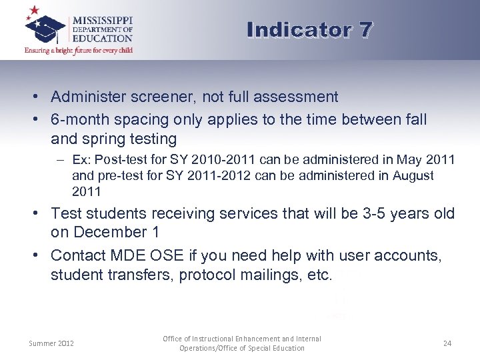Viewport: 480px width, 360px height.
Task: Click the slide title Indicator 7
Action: (x=309, y=30)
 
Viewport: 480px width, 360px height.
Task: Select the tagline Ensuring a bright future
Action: (x=79, y=51)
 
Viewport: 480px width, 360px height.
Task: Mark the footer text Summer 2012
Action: (x=51, y=343)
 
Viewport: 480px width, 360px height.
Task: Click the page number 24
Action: (x=447, y=343)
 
